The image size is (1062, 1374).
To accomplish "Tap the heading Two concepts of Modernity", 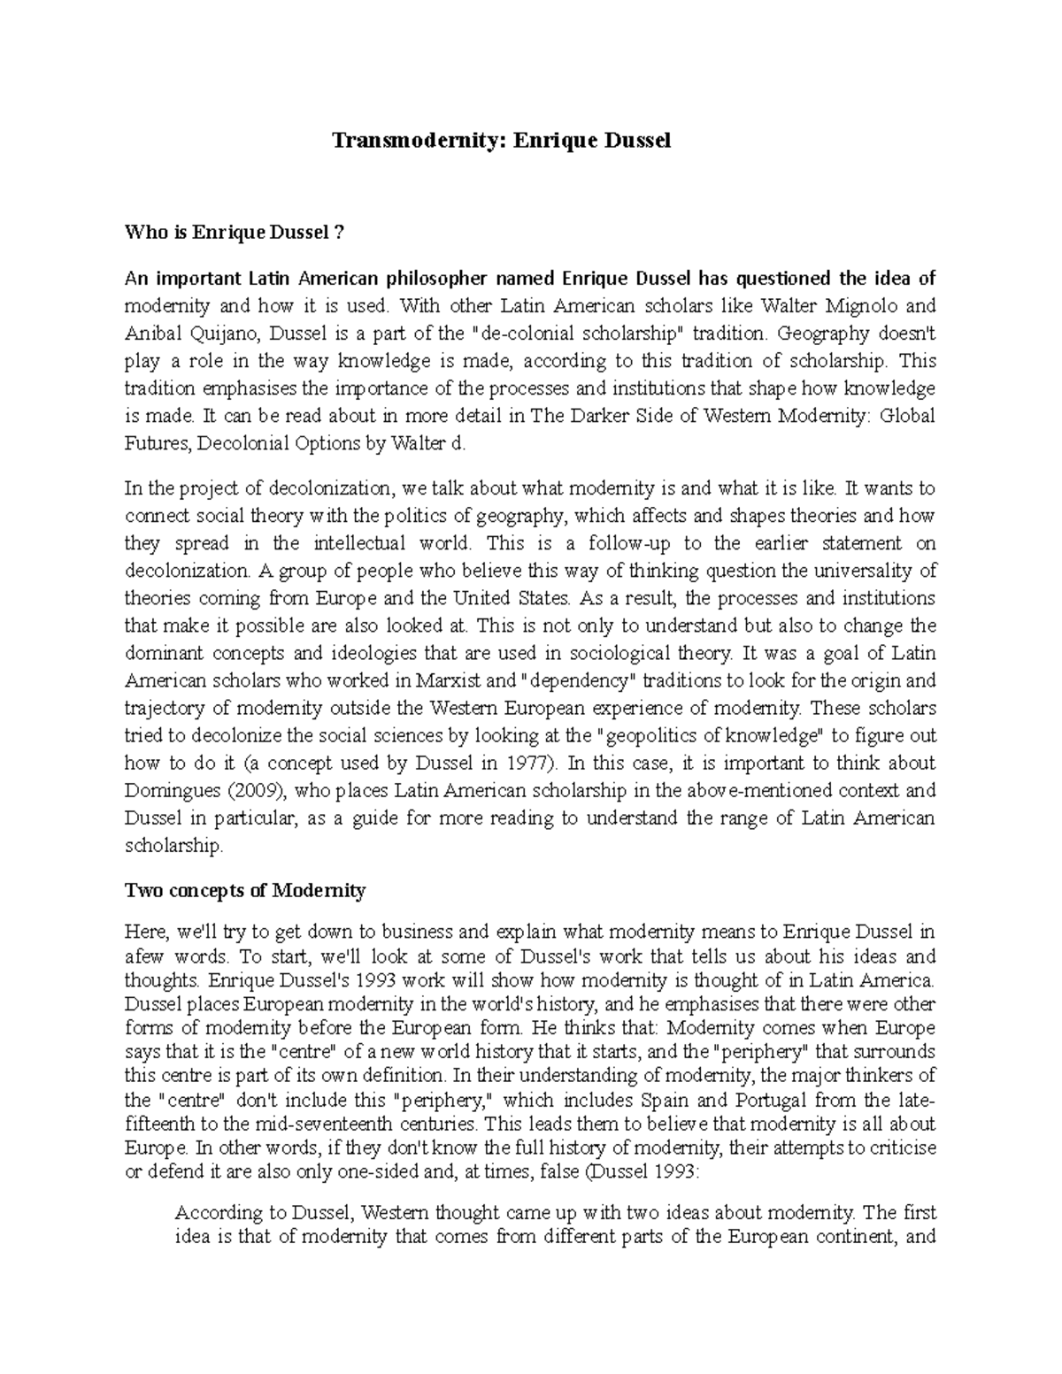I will pyautogui.click(x=245, y=891).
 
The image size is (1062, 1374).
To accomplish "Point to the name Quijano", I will pyautogui.click(x=221, y=334).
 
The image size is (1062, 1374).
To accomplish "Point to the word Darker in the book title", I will pyautogui.click(x=604, y=416).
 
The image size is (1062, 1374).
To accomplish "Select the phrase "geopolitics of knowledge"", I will pyautogui.click(x=712, y=736).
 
